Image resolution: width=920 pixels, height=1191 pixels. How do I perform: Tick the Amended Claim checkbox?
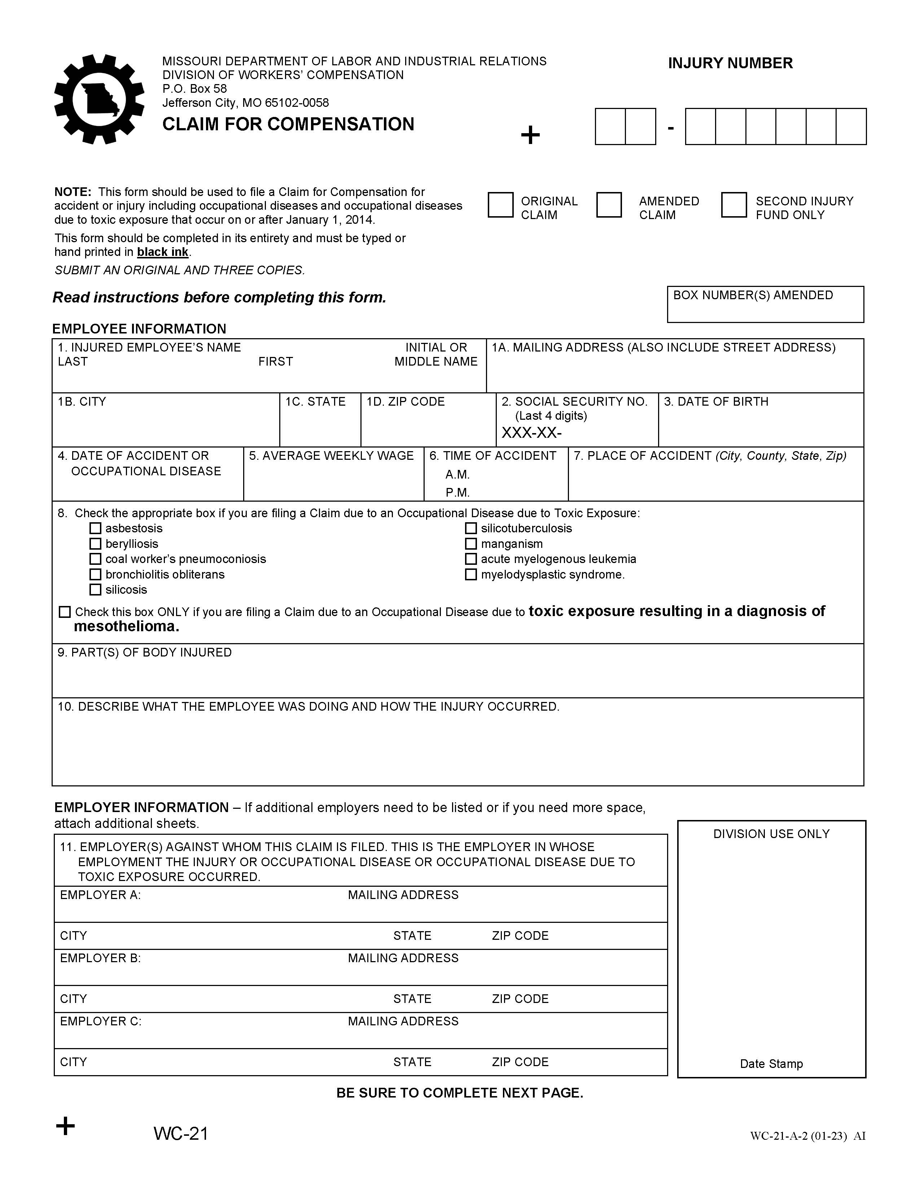(x=608, y=205)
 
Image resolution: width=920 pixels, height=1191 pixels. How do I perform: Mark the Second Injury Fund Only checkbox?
(x=733, y=205)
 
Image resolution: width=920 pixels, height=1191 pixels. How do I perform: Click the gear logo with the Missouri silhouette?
(x=99, y=99)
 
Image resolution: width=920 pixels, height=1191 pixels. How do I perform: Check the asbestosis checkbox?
(x=95, y=528)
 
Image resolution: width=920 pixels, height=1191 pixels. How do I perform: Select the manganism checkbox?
(x=471, y=544)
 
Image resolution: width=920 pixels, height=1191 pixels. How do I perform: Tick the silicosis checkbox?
(x=95, y=589)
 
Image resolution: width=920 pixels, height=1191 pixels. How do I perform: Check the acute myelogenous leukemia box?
(x=471, y=559)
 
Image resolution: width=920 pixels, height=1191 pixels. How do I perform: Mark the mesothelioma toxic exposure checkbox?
(x=64, y=612)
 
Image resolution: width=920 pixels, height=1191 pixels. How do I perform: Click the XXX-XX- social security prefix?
(x=531, y=433)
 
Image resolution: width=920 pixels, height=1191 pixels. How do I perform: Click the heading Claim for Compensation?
(x=288, y=125)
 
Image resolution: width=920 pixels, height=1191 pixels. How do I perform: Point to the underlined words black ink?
(x=162, y=252)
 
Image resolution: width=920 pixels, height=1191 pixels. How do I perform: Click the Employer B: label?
(x=100, y=958)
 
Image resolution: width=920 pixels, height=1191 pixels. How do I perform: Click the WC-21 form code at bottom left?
(x=181, y=1133)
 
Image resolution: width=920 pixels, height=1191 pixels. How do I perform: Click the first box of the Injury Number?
(x=610, y=127)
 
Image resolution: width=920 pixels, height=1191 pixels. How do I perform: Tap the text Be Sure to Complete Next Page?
(x=459, y=1093)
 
